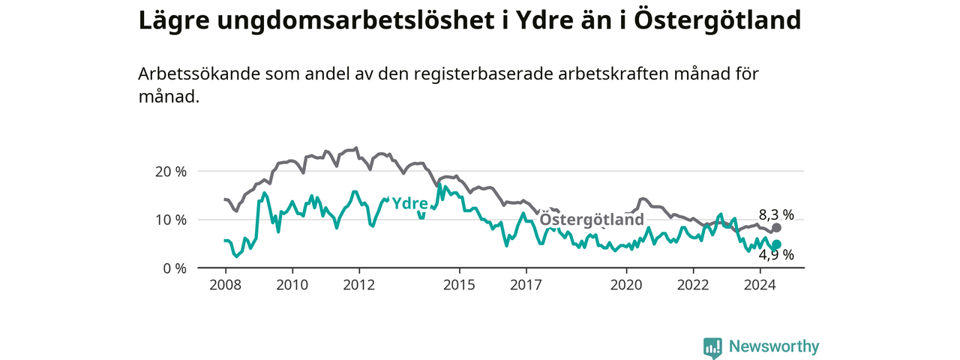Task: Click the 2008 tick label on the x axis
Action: [x=226, y=285]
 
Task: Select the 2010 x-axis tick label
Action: [x=292, y=285]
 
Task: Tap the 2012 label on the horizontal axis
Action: [x=359, y=285]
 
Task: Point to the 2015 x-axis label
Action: [x=460, y=285]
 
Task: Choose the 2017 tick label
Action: [x=526, y=285]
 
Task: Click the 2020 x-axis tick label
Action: [x=626, y=285]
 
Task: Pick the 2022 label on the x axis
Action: [x=694, y=285]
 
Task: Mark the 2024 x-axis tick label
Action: [x=760, y=285]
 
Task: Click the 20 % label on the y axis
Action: [x=171, y=172]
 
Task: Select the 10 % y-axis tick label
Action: [x=171, y=220]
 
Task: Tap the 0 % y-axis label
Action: [x=175, y=268]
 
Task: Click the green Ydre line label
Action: [x=409, y=203]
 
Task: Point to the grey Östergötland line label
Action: [x=592, y=219]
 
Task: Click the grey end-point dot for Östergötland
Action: [x=776, y=227]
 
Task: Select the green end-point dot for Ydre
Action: [x=776, y=244]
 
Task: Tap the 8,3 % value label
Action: [x=776, y=215]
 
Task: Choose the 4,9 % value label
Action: [x=776, y=256]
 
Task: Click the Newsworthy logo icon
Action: [x=712, y=346]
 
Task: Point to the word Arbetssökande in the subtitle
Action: [x=199, y=73]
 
